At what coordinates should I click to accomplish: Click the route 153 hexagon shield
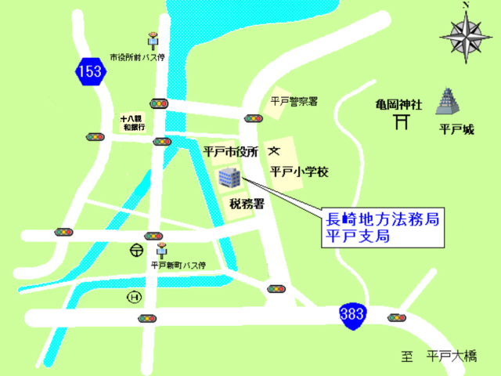point(89,70)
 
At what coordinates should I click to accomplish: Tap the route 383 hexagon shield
point(351,314)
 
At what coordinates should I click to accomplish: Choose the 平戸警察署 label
point(294,101)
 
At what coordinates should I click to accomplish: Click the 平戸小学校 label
point(298,169)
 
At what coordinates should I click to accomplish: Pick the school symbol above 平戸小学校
point(274,150)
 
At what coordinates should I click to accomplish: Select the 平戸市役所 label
point(231,151)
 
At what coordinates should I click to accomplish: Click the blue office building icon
point(230,178)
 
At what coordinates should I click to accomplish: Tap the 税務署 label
point(245,204)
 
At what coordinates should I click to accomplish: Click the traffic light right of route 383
point(398,318)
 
